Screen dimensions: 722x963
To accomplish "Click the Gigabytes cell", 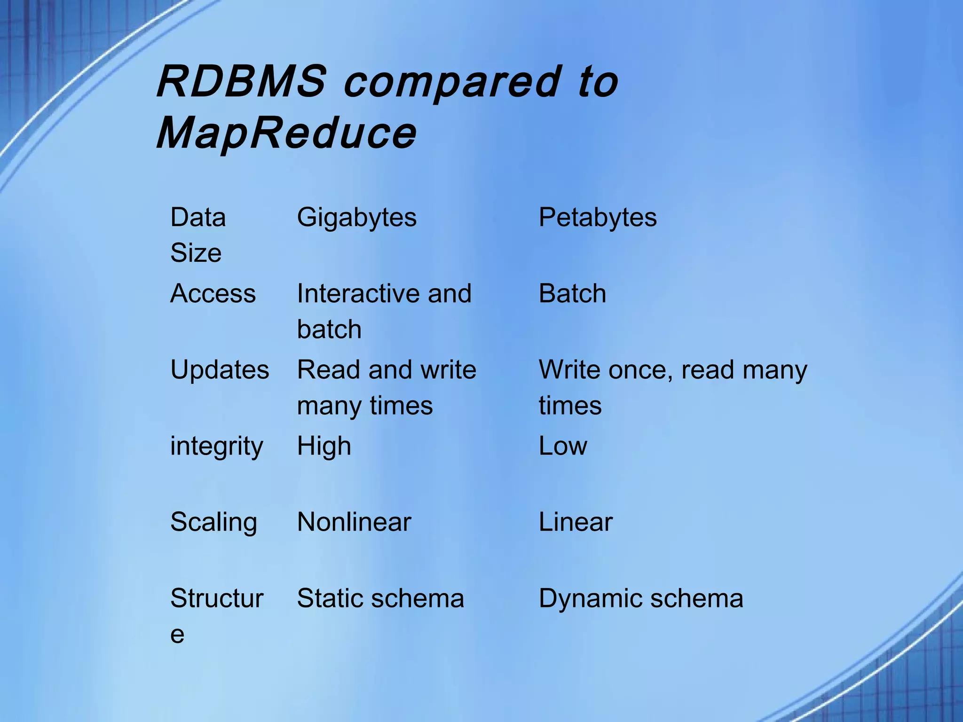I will pyautogui.click(x=356, y=218).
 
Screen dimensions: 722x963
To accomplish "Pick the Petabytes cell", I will pyautogui.click(x=597, y=218).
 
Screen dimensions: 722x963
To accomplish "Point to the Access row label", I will pyautogui.click(x=213, y=294).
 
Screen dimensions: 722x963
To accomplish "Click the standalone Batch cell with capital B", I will pyautogui.click(x=572, y=294).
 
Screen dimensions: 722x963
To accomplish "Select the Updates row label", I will pyautogui.click(x=220, y=370).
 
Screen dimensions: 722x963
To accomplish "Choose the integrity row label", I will pyautogui.click(x=216, y=447).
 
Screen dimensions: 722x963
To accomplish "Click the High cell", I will pyautogui.click(x=324, y=447).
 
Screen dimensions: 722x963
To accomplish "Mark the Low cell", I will pyautogui.click(x=563, y=446).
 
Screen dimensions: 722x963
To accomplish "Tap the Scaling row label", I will pyautogui.click(x=213, y=523).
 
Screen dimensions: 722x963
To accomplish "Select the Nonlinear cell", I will pyautogui.click(x=354, y=522).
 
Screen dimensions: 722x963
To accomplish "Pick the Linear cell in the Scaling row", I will pyautogui.click(x=576, y=522).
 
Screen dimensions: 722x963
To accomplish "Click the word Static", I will pyautogui.click(x=330, y=598).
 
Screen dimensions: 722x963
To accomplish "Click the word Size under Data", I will pyautogui.click(x=196, y=253).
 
